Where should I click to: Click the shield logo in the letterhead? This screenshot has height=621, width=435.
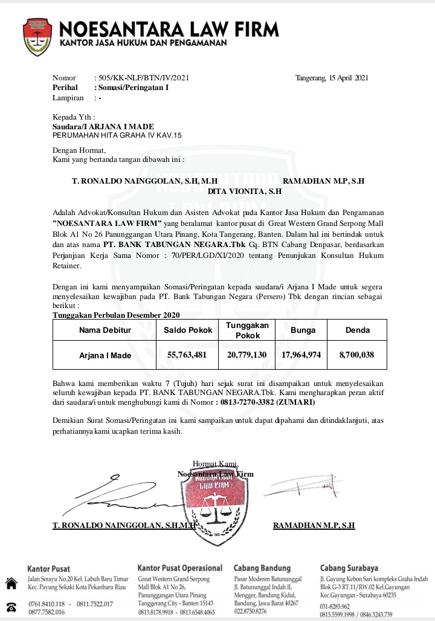[x=37, y=37]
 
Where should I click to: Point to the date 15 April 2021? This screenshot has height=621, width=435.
[x=344, y=78]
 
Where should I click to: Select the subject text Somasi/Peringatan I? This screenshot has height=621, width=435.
[x=134, y=88]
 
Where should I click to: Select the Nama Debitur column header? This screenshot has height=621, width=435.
[x=105, y=330]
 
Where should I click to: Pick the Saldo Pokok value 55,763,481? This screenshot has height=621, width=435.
[x=187, y=355]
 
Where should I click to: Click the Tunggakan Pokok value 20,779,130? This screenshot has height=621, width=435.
[x=246, y=355]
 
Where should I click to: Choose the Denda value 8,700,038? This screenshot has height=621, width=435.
[x=356, y=355]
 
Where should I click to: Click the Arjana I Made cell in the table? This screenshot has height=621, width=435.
[x=105, y=355]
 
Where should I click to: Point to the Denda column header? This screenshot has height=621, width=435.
[x=357, y=330]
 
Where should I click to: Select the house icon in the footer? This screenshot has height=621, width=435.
[x=11, y=584]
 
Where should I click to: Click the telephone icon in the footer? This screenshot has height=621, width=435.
[x=11, y=607]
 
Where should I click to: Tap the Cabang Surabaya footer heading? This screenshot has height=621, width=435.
[x=349, y=568]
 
